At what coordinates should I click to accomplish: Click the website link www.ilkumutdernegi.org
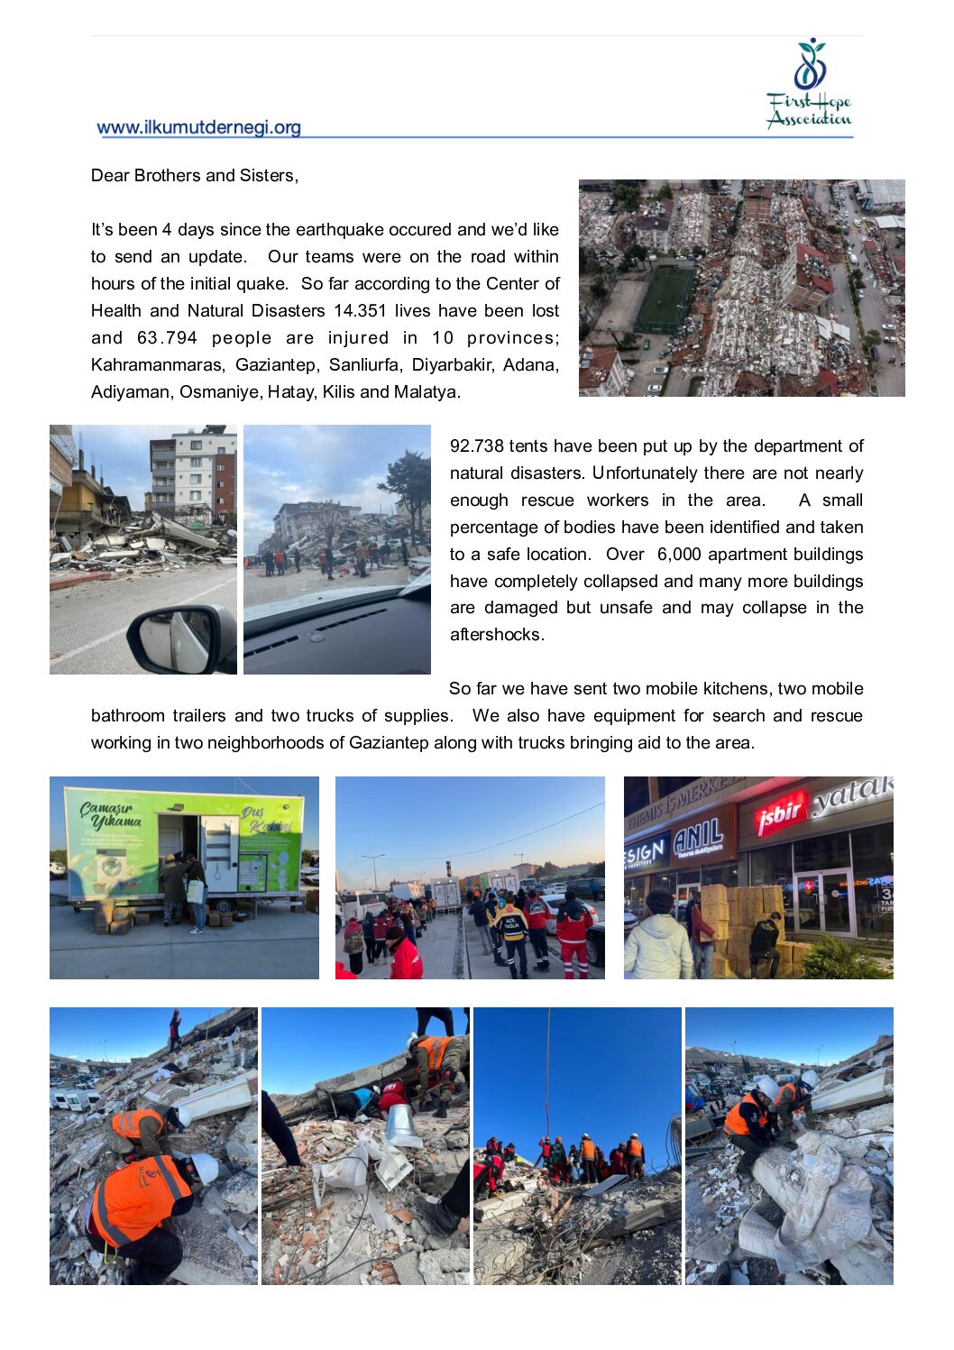click(198, 127)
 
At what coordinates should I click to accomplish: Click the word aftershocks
click(496, 635)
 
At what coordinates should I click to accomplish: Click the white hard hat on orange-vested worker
click(205, 1169)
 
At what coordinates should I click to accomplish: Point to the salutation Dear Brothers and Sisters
click(195, 176)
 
